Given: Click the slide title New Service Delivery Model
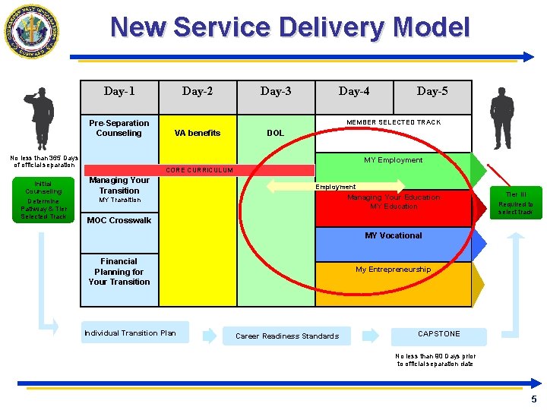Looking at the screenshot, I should point(290,28).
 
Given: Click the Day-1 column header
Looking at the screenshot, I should point(119,91).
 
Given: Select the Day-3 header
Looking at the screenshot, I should point(276,91).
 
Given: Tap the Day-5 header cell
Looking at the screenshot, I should point(432,91).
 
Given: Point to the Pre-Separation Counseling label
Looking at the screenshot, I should point(119,128).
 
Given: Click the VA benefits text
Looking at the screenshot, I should point(198,133).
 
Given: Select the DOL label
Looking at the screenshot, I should point(276,133).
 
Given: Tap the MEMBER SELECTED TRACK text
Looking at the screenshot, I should point(394,122).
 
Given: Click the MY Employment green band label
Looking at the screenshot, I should point(393,160).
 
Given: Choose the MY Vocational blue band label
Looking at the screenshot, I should point(393,235).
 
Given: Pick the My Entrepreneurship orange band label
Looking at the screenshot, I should point(393,270).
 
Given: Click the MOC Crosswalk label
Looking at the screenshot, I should point(119,221).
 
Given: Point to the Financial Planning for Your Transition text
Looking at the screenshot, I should point(119,271).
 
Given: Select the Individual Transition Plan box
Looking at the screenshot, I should point(130,333).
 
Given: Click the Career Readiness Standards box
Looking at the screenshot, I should point(287,336).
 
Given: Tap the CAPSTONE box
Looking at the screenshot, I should point(439,333).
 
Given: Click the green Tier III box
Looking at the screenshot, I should point(516,203).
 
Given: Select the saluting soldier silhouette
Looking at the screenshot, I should point(39,118).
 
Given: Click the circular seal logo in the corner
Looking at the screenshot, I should point(32,32).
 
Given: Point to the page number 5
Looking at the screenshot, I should point(533,399).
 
